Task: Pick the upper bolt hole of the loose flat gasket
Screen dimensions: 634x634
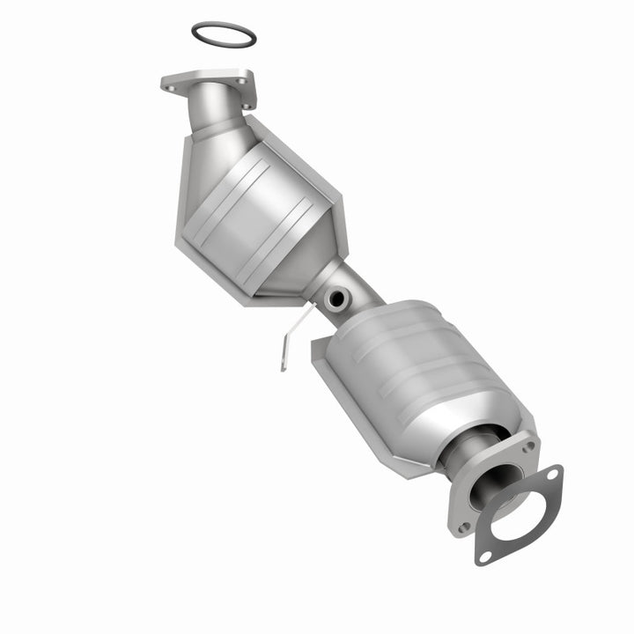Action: pyautogui.click(x=553, y=476)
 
